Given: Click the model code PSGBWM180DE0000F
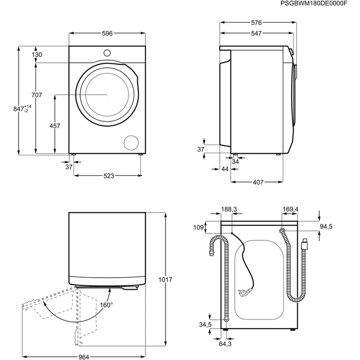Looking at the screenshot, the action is (314, 4).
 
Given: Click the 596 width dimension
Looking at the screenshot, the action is (107, 33).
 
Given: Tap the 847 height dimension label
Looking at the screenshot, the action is (22, 109).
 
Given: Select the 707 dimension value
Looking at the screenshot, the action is (37, 95).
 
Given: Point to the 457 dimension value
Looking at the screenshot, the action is (55, 126).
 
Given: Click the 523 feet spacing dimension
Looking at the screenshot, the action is (109, 176).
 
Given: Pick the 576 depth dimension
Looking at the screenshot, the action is (256, 23).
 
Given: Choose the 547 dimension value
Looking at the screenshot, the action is (256, 33).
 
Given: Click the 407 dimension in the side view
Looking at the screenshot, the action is (258, 182).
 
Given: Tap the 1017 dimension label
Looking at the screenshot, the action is (165, 280).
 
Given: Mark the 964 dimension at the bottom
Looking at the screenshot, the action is (84, 357).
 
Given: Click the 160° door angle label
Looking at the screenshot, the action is (106, 305).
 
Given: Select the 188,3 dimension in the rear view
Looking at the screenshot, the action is (229, 209).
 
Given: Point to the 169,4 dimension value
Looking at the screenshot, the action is (291, 209).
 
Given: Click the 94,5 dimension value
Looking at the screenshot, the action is (326, 227).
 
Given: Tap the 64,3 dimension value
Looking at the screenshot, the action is (225, 344).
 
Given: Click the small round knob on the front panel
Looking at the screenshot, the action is (107, 53).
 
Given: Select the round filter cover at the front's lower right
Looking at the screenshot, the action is (131, 143).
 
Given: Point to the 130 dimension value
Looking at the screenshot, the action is (37, 55).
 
